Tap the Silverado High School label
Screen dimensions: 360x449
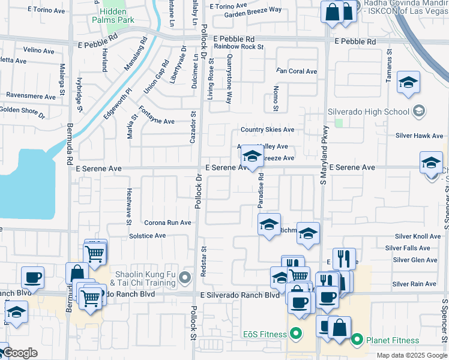pyautogui.click(x=369, y=112)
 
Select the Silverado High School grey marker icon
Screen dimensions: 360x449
pyautogui.click(x=419, y=111)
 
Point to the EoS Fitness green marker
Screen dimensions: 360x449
pyautogui.click(x=295, y=333)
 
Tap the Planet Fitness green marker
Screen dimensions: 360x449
pyautogui.click(x=357, y=340)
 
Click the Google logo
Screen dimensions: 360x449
pyautogui.click(x=19, y=353)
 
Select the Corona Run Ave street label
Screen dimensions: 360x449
pyautogui.click(x=167, y=223)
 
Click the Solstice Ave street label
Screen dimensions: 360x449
pyautogui.click(x=147, y=236)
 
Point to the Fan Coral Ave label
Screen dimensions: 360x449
pyautogui.click(x=297, y=71)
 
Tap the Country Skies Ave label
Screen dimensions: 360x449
pyautogui.click(x=268, y=130)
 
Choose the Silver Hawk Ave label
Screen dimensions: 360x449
pyautogui.click(x=419, y=136)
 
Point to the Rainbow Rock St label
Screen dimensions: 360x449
pyautogui.click(x=239, y=46)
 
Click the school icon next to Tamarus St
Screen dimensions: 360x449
pyautogui.click(x=409, y=83)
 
